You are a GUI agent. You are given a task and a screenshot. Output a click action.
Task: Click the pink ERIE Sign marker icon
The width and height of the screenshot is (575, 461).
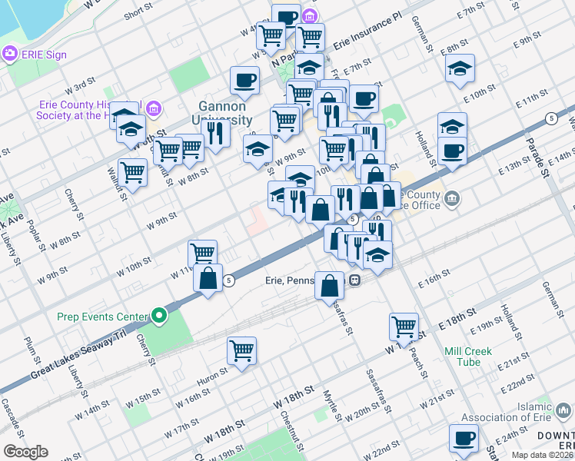click(x=10, y=54)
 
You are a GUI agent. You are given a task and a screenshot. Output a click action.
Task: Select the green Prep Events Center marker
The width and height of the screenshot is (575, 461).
click(x=159, y=315)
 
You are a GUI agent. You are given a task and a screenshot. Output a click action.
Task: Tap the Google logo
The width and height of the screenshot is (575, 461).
click(x=25, y=452)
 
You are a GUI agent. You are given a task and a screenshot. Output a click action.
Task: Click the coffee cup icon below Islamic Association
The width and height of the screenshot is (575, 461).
click(x=464, y=437)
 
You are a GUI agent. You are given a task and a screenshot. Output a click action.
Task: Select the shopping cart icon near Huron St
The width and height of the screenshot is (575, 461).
click(x=241, y=350)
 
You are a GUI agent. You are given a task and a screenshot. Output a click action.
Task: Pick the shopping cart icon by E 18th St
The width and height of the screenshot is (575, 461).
click(x=404, y=327)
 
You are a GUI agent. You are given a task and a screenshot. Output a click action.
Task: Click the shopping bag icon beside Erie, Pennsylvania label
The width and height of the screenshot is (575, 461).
click(x=329, y=285)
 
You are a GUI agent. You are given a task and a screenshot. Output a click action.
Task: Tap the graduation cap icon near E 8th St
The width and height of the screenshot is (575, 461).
click(x=460, y=69)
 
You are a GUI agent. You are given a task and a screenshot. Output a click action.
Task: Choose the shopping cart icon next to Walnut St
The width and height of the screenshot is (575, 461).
click(x=132, y=172)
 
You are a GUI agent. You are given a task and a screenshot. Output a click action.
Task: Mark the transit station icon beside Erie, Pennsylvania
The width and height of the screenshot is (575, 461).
click(x=355, y=280)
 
